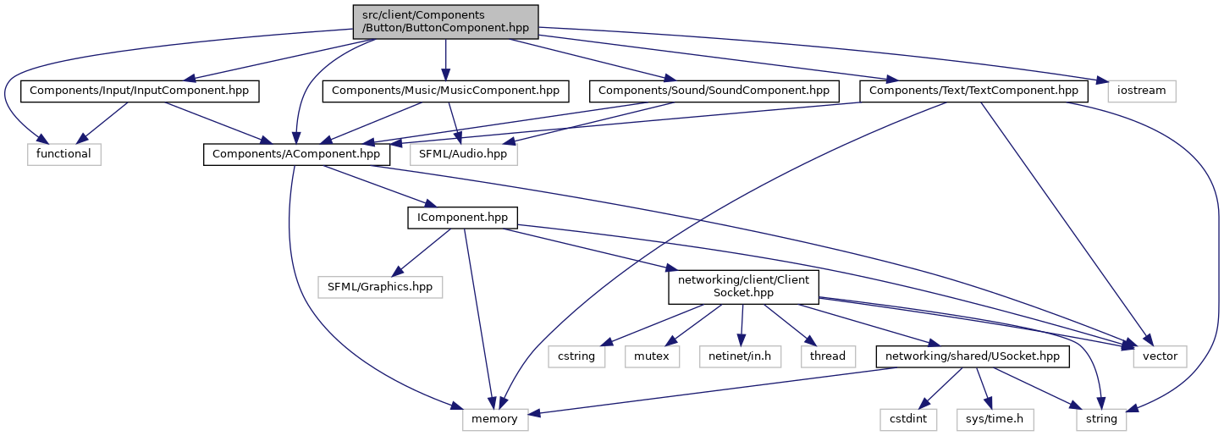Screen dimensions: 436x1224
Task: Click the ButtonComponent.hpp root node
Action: (x=445, y=20)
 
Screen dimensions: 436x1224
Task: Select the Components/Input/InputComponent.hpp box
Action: (x=141, y=91)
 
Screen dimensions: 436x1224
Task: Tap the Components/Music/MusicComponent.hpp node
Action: (x=445, y=91)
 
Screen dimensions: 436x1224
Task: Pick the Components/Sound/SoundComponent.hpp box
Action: (x=715, y=91)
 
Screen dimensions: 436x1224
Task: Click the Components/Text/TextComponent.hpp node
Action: (x=973, y=91)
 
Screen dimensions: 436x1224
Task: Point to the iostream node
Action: (x=1140, y=91)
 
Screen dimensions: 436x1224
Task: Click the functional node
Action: (x=63, y=154)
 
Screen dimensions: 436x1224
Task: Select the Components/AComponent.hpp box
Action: (x=296, y=154)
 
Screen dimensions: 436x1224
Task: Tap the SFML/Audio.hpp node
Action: (x=463, y=154)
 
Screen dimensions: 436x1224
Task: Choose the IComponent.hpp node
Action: (x=462, y=218)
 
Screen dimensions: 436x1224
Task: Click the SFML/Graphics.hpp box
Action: (x=380, y=287)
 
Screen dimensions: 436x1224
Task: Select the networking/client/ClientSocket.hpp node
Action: (x=743, y=287)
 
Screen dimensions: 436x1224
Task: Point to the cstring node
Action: (x=576, y=356)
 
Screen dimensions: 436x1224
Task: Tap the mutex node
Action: (x=651, y=356)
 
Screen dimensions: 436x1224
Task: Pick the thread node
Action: (x=827, y=356)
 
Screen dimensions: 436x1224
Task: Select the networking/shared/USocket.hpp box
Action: (x=972, y=356)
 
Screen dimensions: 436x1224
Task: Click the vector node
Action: (x=1160, y=356)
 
